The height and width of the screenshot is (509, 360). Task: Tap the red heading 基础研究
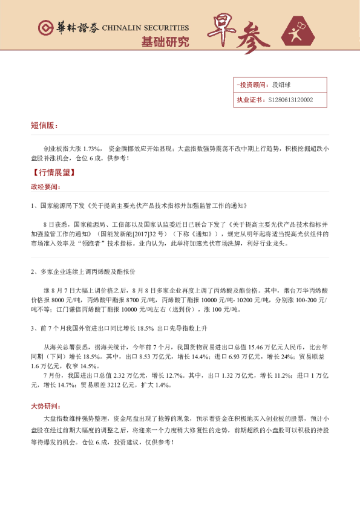(165, 42)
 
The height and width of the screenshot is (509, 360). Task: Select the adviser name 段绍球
(281, 85)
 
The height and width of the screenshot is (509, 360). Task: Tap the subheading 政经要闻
(46, 186)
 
